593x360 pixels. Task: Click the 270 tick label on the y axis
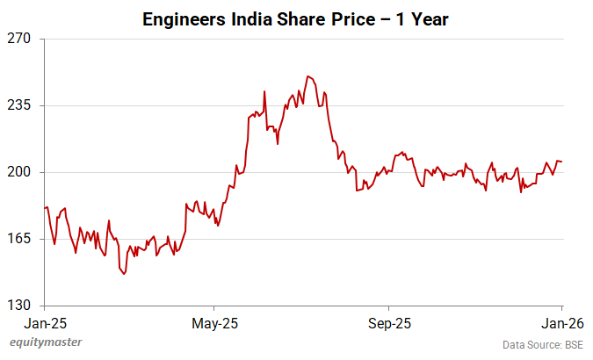click(x=19, y=39)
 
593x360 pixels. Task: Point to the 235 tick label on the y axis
click(x=19, y=105)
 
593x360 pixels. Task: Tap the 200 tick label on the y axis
click(x=19, y=172)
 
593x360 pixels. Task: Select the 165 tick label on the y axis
click(x=19, y=239)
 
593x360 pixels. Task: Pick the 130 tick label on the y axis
click(x=19, y=306)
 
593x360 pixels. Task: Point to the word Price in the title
click(x=344, y=18)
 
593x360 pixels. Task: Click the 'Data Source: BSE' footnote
click(x=542, y=344)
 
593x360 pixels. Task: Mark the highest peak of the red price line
click(x=307, y=76)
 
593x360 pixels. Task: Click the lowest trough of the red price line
click(x=124, y=274)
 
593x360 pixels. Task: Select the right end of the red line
click(x=562, y=162)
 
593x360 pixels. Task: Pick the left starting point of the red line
click(x=45, y=208)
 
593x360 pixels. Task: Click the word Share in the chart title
click(x=297, y=18)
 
